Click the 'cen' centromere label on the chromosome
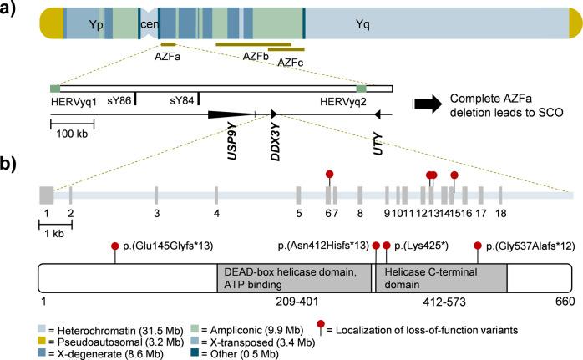point(149,24)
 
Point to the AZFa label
point(167,58)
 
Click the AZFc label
point(290,63)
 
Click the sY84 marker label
point(182,99)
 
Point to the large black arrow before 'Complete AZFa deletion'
point(426,103)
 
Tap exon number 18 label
point(500,214)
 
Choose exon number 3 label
point(156,214)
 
